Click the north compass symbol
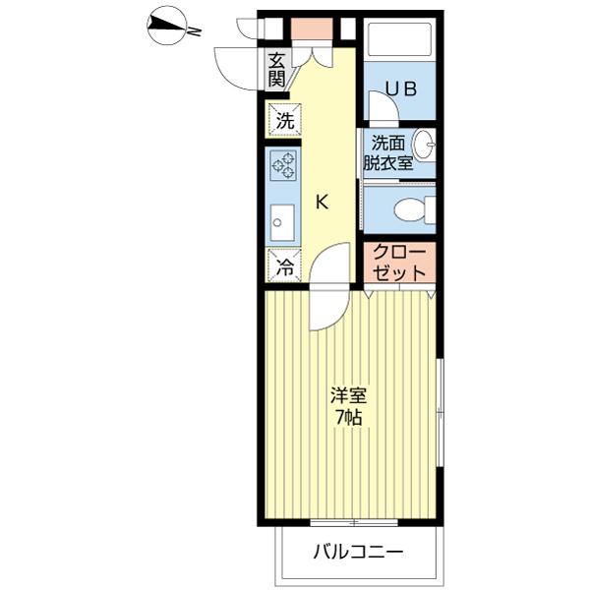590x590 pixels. coord(167,28)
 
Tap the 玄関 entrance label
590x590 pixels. coord(276,70)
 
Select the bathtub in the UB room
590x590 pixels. coord(399,39)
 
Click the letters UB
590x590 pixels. coord(402,89)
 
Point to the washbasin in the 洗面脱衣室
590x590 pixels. coord(424,146)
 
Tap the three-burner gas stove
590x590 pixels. coord(283,164)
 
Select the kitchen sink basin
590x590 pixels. coord(282,223)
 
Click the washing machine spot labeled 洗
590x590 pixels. coord(284,120)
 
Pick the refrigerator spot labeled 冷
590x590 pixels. coord(284,265)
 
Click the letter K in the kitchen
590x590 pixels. coord(322,204)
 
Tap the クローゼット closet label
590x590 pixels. coord(399,262)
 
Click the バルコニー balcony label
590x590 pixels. coord(358,553)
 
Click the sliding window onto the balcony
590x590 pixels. coord(354,522)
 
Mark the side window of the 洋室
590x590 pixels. coord(440,413)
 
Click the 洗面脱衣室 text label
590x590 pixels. coord(388,152)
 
